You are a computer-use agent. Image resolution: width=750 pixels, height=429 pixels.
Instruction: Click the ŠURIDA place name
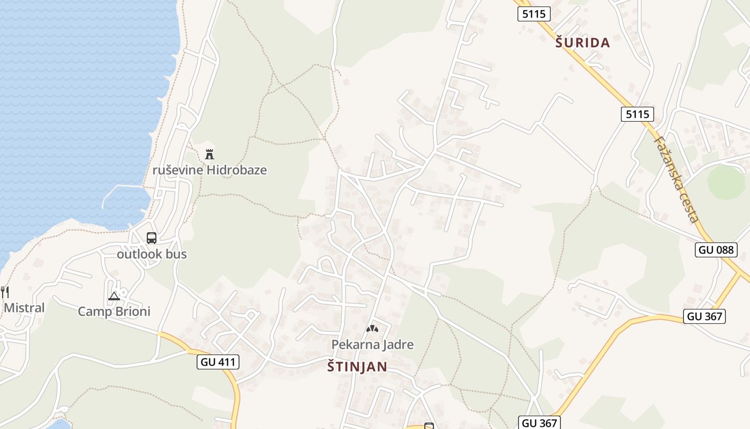582,43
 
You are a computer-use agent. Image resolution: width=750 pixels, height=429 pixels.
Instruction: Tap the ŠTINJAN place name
357,367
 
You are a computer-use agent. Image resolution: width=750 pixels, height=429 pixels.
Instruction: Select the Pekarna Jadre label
372,344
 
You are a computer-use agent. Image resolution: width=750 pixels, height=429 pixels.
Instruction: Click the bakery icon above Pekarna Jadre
372,328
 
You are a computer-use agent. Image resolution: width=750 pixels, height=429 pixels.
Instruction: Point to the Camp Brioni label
114,312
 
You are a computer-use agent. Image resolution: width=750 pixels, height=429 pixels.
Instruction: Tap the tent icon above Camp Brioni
114,296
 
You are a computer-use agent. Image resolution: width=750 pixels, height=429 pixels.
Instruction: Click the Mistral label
24,308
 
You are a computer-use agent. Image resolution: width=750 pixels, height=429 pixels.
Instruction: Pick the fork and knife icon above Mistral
5,292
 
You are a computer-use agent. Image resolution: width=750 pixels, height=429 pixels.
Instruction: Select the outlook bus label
152,254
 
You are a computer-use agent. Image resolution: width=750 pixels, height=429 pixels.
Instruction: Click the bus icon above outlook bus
152,238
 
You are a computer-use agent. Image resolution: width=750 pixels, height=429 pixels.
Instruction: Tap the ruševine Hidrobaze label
209,170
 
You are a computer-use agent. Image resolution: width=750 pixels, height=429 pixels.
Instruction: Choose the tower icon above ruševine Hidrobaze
209,154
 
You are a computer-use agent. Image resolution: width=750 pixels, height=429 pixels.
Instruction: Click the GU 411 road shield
218,362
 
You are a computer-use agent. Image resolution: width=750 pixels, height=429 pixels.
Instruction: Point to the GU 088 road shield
716,249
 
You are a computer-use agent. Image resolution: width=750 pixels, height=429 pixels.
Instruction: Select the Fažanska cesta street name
676,178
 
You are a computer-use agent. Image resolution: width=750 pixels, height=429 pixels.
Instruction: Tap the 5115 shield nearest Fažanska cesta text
637,114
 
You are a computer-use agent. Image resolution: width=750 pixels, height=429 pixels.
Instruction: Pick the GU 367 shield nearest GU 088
704,316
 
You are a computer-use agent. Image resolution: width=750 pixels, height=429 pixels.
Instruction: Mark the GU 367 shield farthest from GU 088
539,423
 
